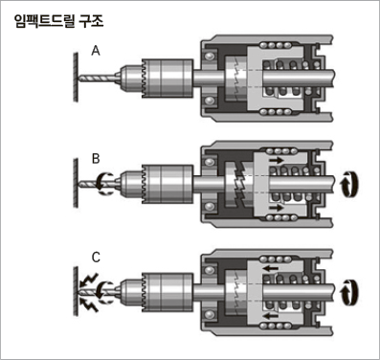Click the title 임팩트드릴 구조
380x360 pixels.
tap(59, 21)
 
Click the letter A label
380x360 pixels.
tap(96, 51)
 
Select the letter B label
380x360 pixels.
tap(96, 159)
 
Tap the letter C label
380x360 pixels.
tap(96, 258)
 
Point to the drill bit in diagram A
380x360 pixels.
tap(99, 78)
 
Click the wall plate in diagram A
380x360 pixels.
tap(76, 78)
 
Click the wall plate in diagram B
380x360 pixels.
tap(76, 183)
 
